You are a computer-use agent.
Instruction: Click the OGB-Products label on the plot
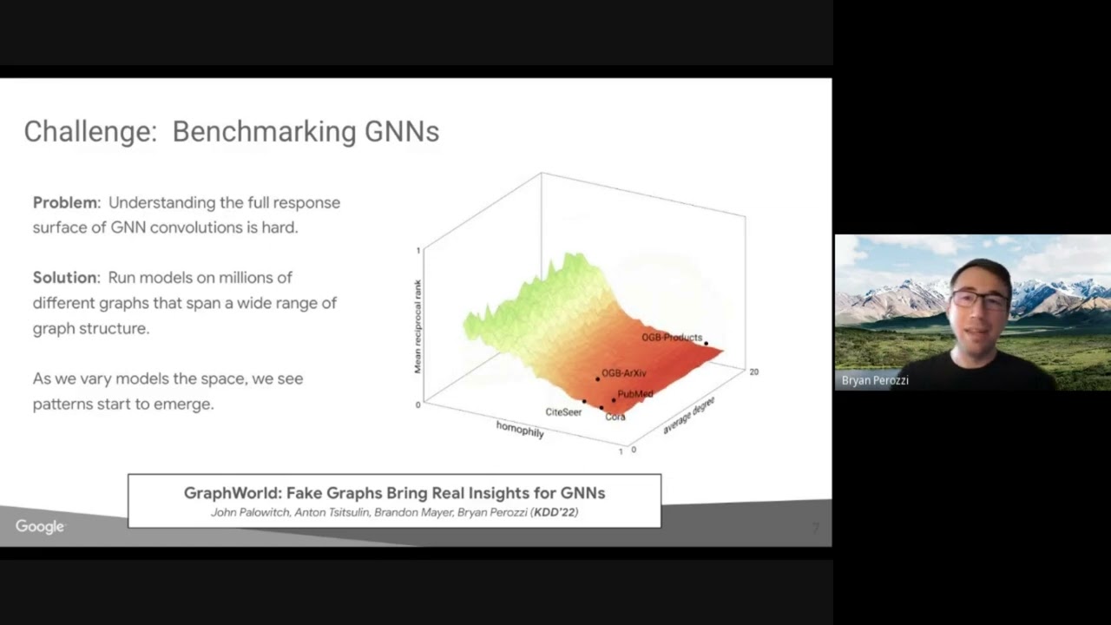pyautogui.click(x=672, y=338)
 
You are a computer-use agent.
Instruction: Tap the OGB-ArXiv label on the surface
pyautogui.click(x=624, y=373)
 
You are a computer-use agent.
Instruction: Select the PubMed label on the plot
pyautogui.click(x=635, y=394)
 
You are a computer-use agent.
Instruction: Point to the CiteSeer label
pyautogui.click(x=563, y=411)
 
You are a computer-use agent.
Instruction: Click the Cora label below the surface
pyautogui.click(x=615, y=417)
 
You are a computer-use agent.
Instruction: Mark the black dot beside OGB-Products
pyautogui.click(x=707, y=344)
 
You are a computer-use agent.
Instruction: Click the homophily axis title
pyautogui.click(x=520, y=429)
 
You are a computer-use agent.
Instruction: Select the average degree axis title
pyautogui.click(x=688, y=415)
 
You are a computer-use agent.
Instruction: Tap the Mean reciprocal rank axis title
pyautogui.click(x=417, y=326)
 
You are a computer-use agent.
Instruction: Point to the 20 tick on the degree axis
pyautogui.click(x=753, y=372)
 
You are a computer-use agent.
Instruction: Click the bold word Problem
pyautogui.click(x=65, y=202)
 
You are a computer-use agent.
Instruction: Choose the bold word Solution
pyautogui.click(x=65, y=278)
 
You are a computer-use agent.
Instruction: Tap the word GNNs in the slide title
pyautogui.click(x=401, y=132)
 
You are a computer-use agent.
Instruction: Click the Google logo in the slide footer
pyautogui.click(x=40, y=527)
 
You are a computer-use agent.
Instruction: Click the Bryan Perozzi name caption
pyautogui.click(x=875, y=380)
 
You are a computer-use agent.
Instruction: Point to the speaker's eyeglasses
pyautogui.click(x=979, y=300)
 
